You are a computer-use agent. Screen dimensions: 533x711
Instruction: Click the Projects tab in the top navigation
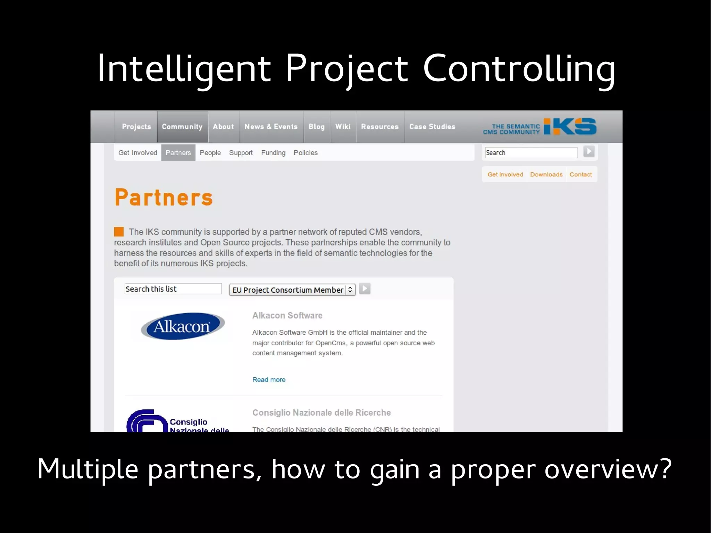136,127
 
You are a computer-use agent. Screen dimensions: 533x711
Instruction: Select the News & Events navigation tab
271,127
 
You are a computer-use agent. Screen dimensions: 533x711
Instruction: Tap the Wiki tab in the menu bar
343,127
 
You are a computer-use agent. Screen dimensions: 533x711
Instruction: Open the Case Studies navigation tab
432,127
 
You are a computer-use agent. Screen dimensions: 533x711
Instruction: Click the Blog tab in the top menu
317,127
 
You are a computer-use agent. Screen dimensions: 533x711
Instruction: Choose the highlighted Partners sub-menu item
178,153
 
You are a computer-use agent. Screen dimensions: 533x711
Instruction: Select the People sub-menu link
210,153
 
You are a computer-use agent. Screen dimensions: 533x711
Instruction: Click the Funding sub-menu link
273,153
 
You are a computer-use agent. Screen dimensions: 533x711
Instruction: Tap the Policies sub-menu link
306,153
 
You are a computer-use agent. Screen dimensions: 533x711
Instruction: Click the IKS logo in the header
570,126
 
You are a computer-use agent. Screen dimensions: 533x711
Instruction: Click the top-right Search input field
531,153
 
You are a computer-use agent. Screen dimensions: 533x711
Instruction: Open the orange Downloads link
546,175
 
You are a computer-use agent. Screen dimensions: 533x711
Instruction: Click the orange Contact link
580,175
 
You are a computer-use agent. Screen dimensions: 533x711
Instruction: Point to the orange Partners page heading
164,198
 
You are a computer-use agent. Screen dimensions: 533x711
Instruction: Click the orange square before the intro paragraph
119,232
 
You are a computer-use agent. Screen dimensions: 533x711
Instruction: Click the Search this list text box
173,289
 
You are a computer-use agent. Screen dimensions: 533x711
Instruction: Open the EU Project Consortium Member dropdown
292,290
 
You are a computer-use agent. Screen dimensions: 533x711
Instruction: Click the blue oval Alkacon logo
182,326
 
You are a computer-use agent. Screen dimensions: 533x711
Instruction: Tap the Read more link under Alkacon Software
269,380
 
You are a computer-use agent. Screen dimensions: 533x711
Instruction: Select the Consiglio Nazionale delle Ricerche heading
321,413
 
